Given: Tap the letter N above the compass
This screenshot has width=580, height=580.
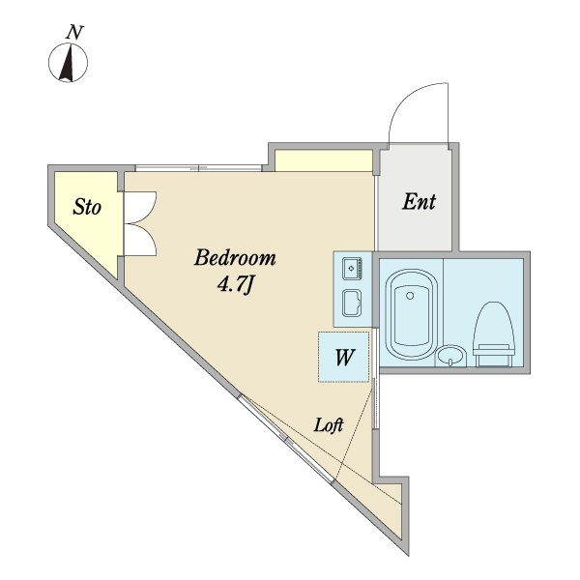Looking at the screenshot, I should click(x=72, y=32).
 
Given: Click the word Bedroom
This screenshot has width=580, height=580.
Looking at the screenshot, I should click(x=235, y=259).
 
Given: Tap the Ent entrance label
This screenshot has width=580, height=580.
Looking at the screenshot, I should click(x=419, y=203).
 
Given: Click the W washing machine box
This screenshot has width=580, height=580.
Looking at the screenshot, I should click(x=343, y=357).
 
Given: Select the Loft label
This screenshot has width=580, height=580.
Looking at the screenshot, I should click(x=330, y=423).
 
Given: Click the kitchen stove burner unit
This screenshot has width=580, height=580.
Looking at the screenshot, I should click(x=351, y=266).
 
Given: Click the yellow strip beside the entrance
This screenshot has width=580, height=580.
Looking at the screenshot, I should click(x=324, y=159).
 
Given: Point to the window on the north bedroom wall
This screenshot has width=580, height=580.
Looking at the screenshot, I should click(x=198, y=168).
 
